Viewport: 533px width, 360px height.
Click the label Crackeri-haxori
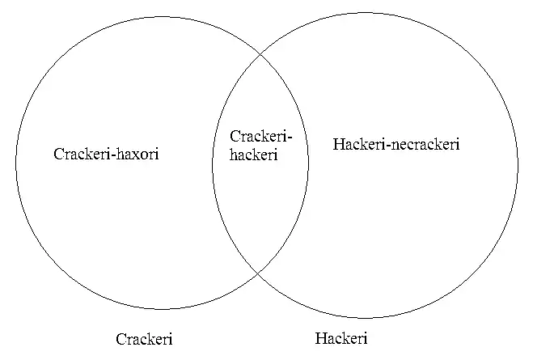106,154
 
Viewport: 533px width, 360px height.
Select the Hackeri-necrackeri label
396,145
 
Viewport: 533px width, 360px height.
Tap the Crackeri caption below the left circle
144,339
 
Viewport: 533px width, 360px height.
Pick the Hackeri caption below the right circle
341,338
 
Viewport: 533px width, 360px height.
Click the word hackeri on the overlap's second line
253,155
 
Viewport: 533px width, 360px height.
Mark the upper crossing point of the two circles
260,54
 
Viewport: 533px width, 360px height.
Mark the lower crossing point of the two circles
259,273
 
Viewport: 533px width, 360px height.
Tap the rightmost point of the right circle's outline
518,165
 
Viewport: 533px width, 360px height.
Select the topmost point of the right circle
365,12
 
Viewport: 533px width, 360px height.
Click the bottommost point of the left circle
162,310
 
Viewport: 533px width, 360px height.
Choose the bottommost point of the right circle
365,318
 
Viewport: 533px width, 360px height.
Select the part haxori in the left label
137,154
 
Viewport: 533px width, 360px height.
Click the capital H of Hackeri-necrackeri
338,145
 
